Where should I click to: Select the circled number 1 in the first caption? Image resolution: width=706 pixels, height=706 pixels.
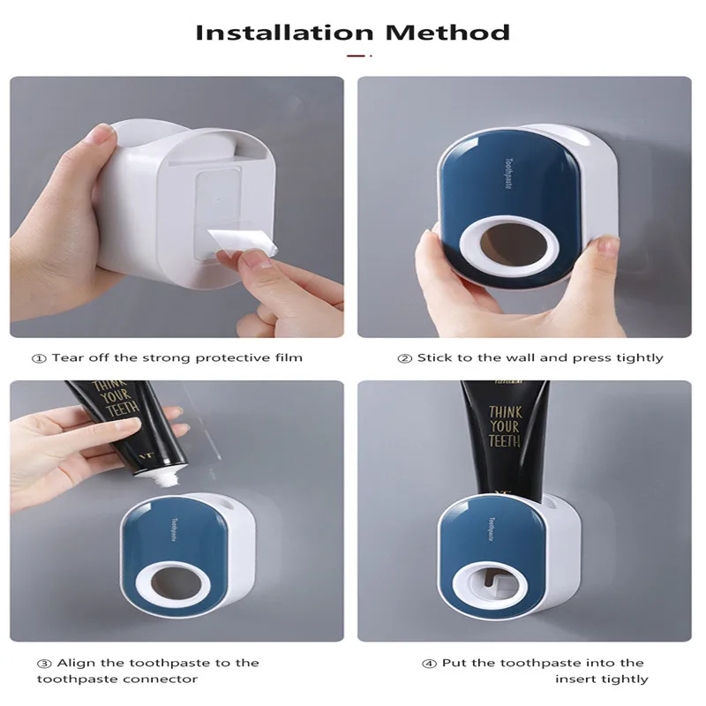click(40, 357)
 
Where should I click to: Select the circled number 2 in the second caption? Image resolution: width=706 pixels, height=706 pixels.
click(404, 357)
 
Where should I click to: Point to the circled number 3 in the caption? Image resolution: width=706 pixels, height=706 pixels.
click(42, 663)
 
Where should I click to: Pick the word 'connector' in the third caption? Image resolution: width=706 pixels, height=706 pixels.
click(167, 679)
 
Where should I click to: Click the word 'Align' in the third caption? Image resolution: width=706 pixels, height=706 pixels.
click(74, 663)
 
